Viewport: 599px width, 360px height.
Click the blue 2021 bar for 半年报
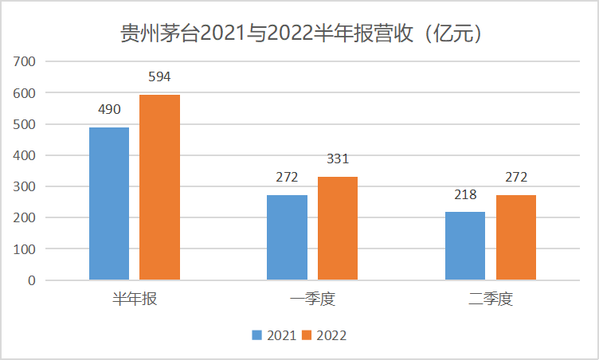coord(109,204)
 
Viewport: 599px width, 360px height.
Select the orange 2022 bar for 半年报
coord(159,187)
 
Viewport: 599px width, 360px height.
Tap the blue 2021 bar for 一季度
coord(287,237)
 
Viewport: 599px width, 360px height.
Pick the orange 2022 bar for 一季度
coord(338,229)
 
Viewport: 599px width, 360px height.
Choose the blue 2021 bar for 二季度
coord(465,246)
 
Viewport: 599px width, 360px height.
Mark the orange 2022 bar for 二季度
coord(515,237)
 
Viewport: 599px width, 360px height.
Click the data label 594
coord(159,77)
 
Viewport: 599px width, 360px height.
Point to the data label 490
coord(109,109)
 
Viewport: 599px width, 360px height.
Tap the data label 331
coord(338,159)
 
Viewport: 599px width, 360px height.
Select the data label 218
coord(465,194)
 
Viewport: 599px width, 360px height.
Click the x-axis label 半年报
coord(134,299)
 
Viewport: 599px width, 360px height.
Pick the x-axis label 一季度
coord(312,299)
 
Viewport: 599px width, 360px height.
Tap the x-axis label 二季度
coord(491,299)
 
